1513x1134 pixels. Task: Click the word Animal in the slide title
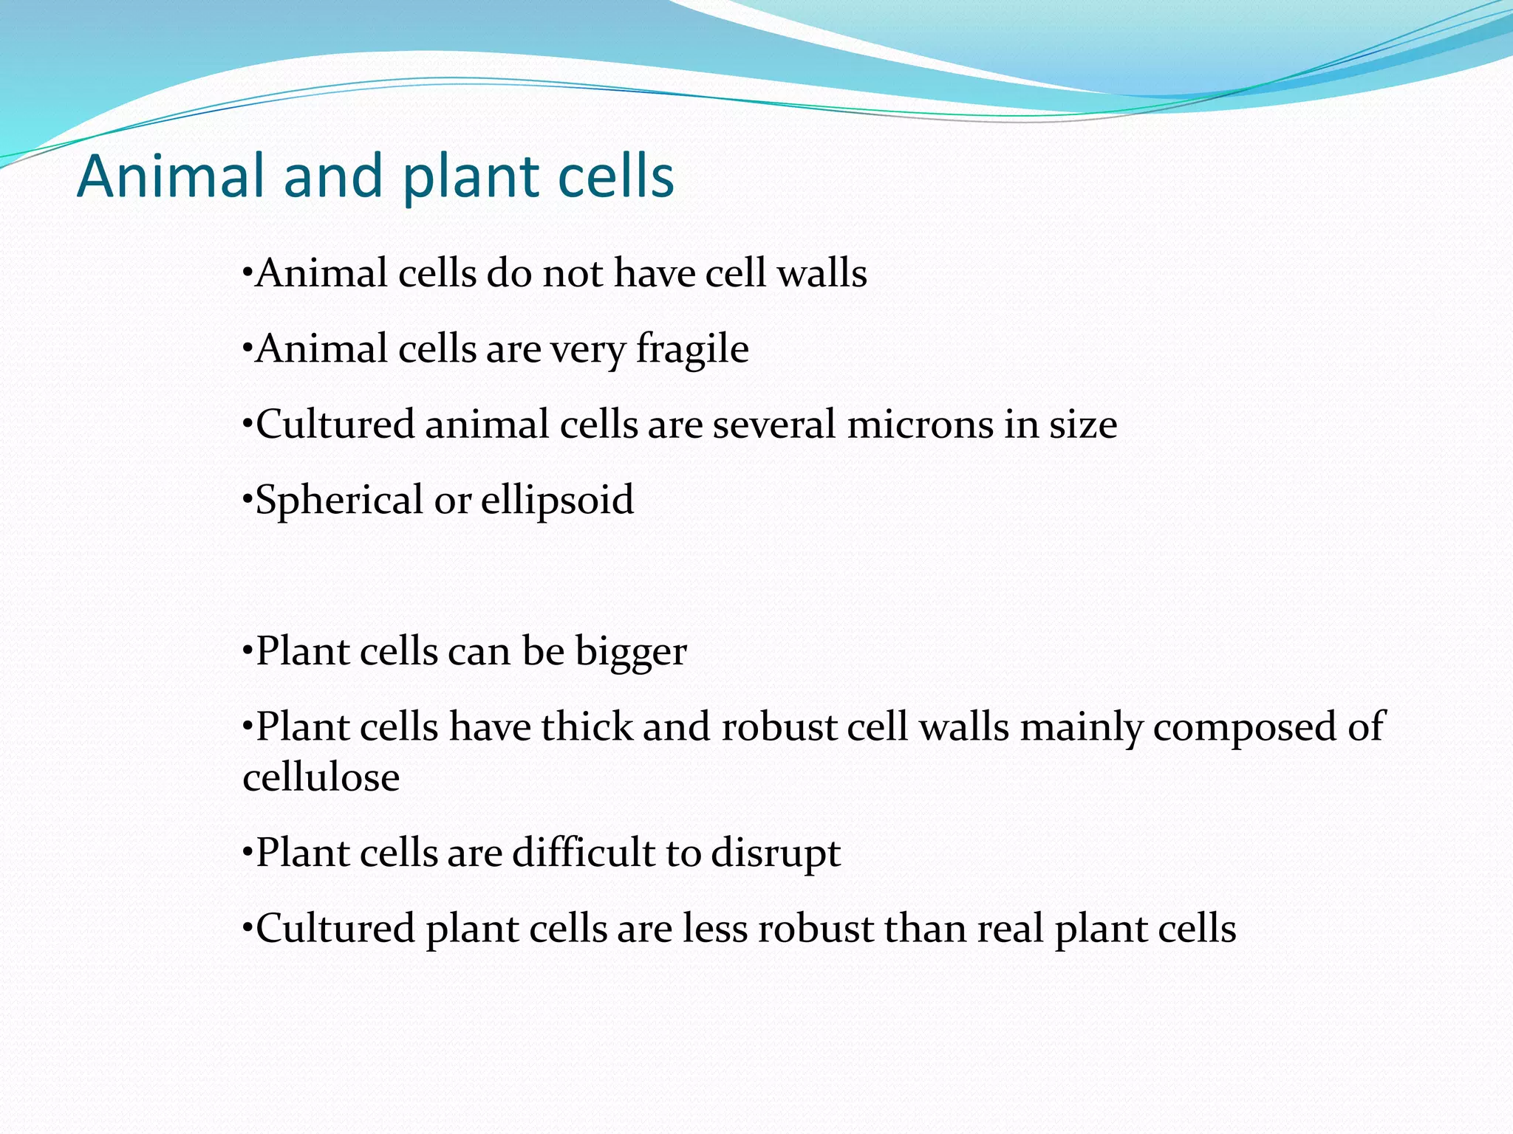click(x=171, y=176)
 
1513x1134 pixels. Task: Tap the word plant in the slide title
click(x=473, y=178)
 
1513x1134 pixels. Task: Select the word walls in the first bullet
click(x=822, y=272)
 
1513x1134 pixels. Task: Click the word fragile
click(x=692, y=349)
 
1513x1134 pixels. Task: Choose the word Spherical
click(x=339, y=501)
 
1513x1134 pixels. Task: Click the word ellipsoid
click(x=558, y=501)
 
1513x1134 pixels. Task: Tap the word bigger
click(x=631, y=652)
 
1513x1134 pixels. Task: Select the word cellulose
click(x=321, y=777)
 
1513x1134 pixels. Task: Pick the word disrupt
click(x=776, y=853)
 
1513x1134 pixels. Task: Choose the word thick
click(x=587, y=727)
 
